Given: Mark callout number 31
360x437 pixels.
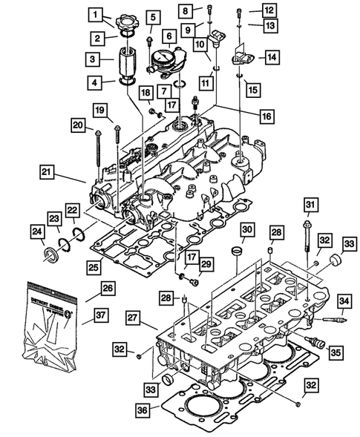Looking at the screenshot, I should tap(310, 205).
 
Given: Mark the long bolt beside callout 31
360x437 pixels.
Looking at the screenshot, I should tap(307, 235).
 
